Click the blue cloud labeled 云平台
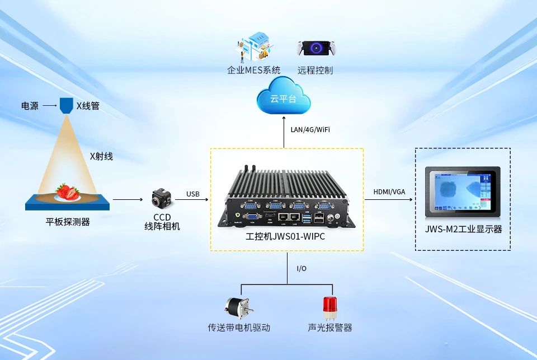pos(284,99)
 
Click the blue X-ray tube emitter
pos(67,104)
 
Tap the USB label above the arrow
pos(193,194)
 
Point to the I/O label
pos(302,268)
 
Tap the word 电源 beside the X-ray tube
pos(30,105)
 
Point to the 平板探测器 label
pos(68,222)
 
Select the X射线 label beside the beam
pos(101,156)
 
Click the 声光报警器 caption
pos(330,328)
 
